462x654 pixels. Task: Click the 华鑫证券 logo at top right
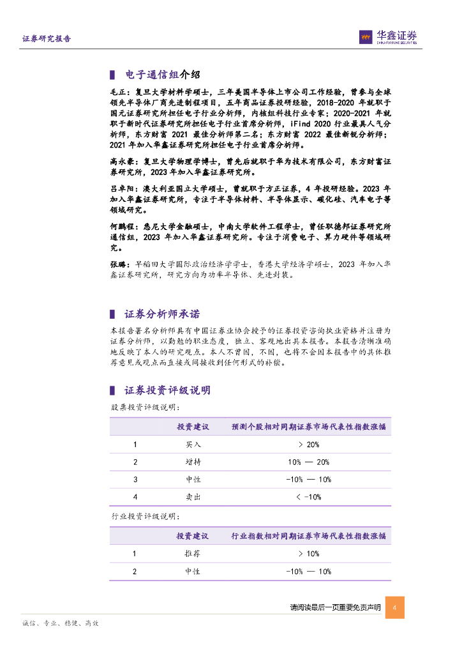pos(387,38)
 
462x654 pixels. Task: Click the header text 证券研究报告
pos(47,39)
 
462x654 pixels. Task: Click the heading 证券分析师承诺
pos(162,314)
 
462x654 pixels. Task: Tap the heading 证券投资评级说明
pos(167,391)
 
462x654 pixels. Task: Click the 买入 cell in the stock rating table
pos(193,445)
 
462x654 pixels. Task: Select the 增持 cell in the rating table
pos(193,462)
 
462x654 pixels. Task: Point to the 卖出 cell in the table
pos(193,497)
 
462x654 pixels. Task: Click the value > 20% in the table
pos(308,445)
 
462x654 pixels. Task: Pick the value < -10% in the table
pos(308,497)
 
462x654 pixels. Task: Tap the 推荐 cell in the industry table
pos(193,554)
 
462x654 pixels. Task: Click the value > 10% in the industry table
pos(308,554)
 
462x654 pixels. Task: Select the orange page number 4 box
pos(395,607)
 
